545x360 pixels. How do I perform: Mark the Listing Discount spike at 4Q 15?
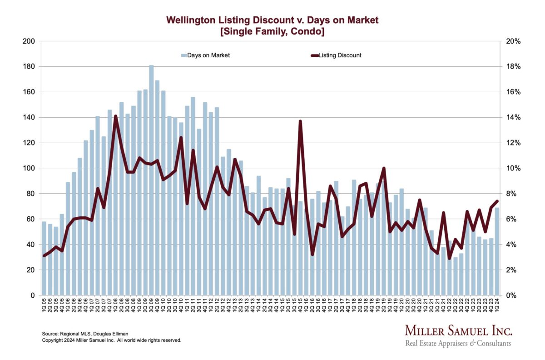pos(300,121)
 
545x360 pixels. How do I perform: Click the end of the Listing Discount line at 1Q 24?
pos(497,201)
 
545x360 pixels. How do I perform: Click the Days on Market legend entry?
pos(205,55)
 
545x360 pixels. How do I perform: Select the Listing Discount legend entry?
pos(336,55)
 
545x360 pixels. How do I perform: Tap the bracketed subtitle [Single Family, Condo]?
pos(272,32)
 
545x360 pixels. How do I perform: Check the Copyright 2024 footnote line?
pos(111,340)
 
